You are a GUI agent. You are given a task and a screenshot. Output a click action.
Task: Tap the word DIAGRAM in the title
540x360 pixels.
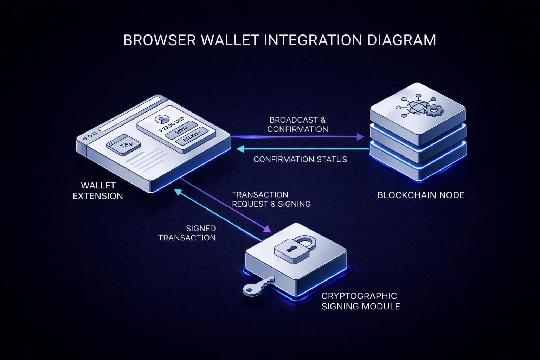402,40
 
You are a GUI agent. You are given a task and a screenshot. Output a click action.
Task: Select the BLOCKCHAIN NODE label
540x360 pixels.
421,195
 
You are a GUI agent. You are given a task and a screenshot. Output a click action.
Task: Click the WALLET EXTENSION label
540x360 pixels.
98,191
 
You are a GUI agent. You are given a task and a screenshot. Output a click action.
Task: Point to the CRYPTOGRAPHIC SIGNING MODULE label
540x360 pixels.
361,301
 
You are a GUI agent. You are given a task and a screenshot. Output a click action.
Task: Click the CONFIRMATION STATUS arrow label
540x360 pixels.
300,159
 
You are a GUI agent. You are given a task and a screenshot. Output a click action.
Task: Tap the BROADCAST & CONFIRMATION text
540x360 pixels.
297,124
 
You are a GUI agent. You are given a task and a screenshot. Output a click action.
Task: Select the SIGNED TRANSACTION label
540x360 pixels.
187,233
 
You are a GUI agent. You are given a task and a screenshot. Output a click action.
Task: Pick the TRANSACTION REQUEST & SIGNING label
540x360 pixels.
271,199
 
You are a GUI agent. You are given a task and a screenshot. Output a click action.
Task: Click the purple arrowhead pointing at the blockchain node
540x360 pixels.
360,137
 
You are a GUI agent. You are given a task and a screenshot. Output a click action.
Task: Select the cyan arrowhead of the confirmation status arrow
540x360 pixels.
240,149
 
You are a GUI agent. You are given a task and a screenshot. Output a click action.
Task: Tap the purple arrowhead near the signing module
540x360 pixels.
267,229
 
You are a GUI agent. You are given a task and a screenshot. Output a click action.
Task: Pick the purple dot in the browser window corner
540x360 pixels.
85,139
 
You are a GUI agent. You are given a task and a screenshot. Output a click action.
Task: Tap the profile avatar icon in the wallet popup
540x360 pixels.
161,120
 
